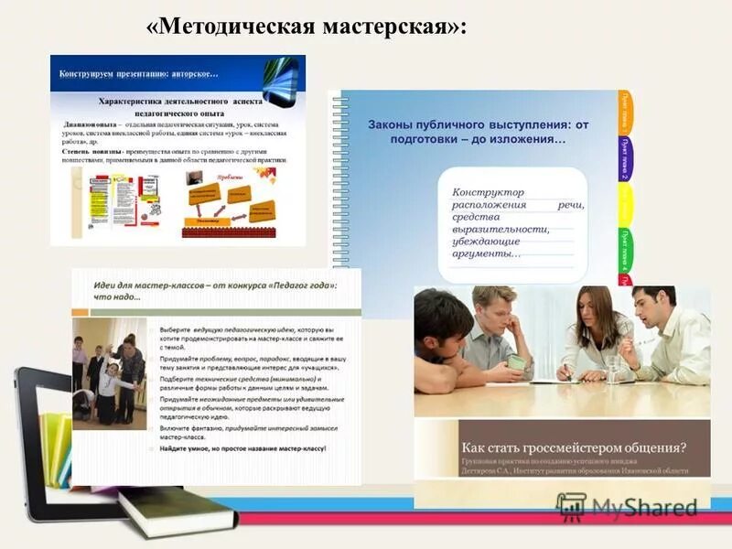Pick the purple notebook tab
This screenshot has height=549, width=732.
tap(624, 157)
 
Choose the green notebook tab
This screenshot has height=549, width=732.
tap(625, 247)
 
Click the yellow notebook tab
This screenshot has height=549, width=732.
tap(624, 203)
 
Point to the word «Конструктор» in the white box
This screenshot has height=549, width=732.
tap(489, 192)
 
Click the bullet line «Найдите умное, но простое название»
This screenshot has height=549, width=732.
tap(242, 448)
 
